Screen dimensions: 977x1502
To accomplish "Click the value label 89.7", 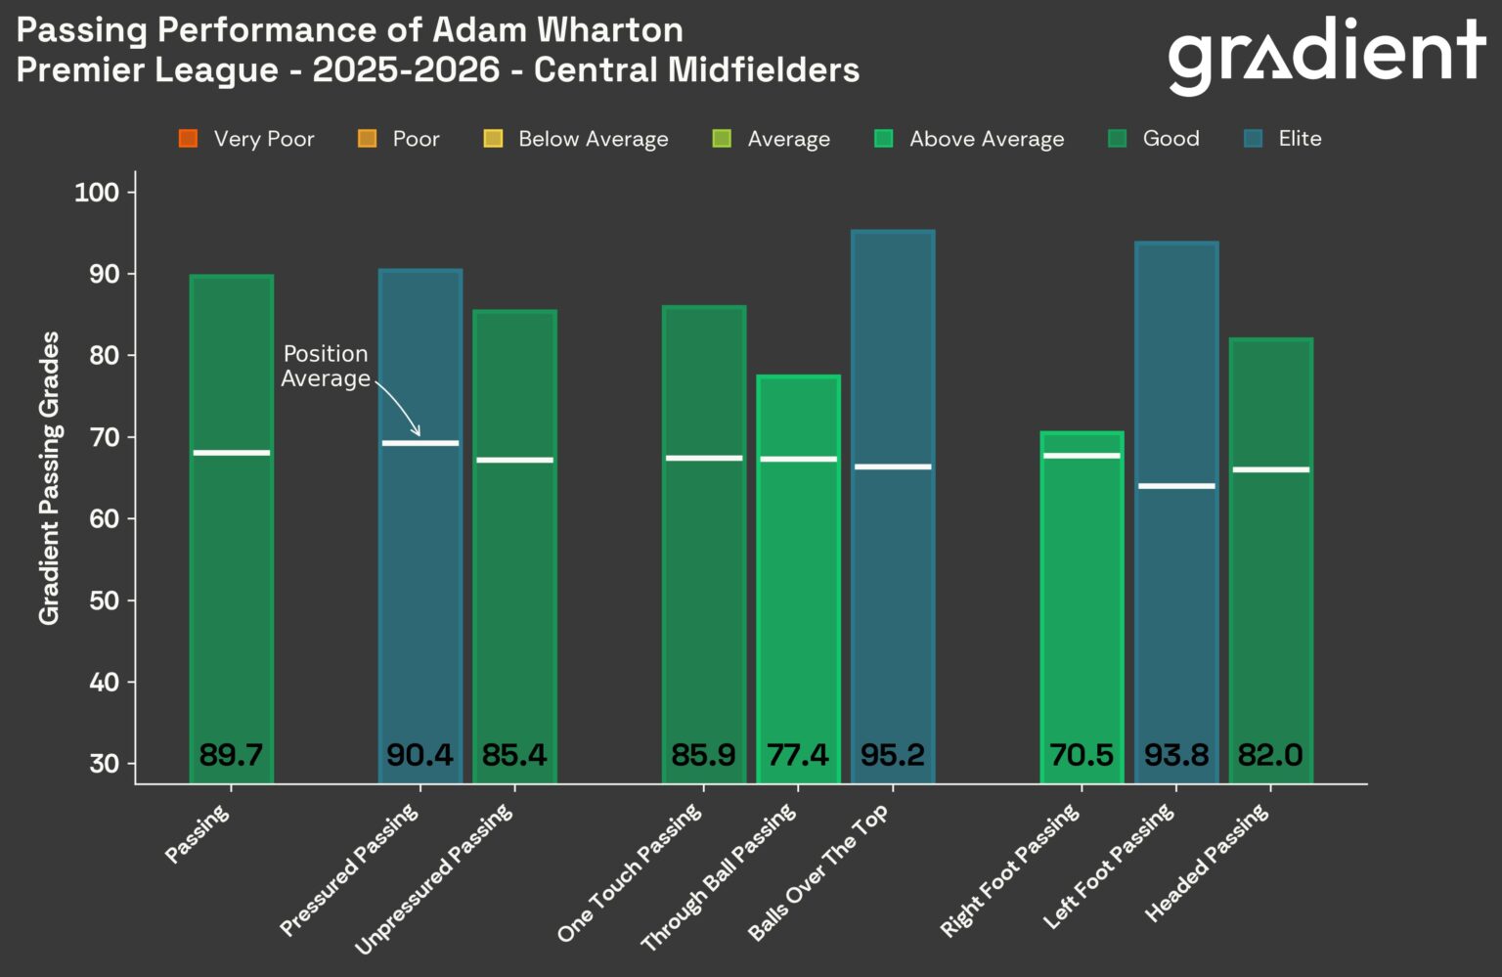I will pos(231,755).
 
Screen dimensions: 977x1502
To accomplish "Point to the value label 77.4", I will pos(798,755).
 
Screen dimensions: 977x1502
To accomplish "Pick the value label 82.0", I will pos(1270,755).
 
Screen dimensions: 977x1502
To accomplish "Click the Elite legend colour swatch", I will pos(1253,139).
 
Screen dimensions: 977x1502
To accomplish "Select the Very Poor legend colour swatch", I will pos(189,139).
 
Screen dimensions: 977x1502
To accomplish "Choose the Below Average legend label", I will pos(593,139).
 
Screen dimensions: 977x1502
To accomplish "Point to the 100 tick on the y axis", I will pos(97,193).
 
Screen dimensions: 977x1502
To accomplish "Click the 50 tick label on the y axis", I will pos(104,600).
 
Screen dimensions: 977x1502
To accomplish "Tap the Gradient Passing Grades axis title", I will pos(49,477).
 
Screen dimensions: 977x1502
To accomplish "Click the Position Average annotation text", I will pos(326,366).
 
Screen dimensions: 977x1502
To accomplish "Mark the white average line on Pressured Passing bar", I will pos(420,443).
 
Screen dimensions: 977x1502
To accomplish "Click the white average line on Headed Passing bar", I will pos(1270,469).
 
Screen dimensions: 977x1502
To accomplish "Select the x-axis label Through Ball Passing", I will pos(720,876).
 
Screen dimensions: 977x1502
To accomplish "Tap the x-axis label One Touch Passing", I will pos(630,871).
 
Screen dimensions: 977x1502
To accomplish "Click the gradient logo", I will pos(1326,54).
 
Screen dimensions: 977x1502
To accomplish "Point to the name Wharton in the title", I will pos(609,29).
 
